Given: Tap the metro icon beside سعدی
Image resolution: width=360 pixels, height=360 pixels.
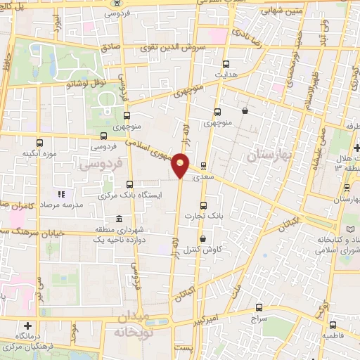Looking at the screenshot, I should click(204, 167).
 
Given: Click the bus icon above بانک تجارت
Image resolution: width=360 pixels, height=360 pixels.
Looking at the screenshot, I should click(204, 205).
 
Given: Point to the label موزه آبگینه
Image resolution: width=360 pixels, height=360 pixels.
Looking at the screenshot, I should click(37, 153).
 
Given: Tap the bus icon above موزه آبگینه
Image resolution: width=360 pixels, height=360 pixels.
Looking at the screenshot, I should click(28, 141).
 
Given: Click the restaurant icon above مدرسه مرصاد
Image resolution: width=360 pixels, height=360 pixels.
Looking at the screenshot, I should click(60, 194).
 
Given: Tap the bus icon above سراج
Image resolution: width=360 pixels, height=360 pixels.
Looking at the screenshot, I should click(259, 307).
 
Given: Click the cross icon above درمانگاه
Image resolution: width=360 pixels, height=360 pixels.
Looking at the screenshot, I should click(27, 326).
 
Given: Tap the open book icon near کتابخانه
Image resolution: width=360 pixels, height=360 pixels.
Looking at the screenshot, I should click(352, 229).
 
